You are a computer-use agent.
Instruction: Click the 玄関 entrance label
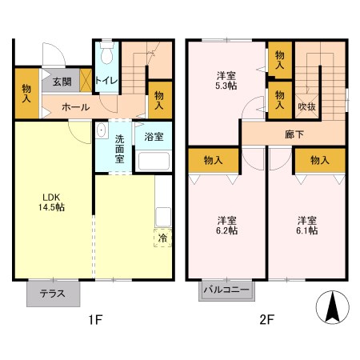tap(62, 81)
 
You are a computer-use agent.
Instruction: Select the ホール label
tap(75, 106)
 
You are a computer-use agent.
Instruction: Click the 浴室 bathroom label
tap(154, 137)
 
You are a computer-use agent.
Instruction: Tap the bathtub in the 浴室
tap(154, 160)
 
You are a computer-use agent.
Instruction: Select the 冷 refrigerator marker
tap(162, 238)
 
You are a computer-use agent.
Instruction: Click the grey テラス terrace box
tap(53, 293)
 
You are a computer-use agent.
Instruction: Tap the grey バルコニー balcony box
tap(226, 290)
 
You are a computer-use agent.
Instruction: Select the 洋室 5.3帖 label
tap(226, 82)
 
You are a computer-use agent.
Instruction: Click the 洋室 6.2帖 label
tap(227, 226)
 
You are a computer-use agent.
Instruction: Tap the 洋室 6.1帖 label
tap(307, 226)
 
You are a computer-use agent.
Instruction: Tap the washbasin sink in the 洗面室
tap(101, 131)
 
